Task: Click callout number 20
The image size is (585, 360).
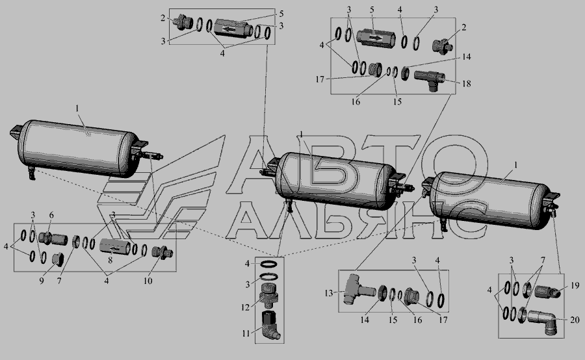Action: coord(575,320)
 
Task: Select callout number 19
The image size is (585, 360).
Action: coord(575,285)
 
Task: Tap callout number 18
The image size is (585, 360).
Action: coord(466,84)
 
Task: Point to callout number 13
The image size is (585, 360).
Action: coord(328,294)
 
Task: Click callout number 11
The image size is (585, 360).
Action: coord(246,333)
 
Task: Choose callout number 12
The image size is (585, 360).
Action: coord(245,308)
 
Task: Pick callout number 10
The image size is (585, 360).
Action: coord(148,281)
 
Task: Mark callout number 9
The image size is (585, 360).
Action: coord(42,281)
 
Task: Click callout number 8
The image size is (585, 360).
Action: coord(110,260)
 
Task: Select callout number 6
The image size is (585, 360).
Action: coord(51,215)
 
